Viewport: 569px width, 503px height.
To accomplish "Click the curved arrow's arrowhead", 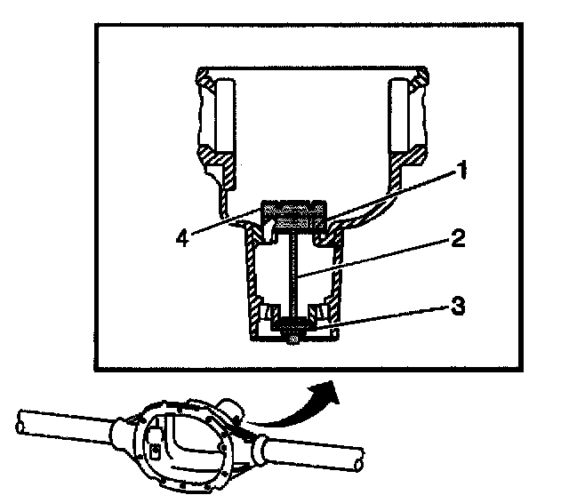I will (326, 387).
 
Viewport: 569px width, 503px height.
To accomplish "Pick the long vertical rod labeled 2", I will (291, 275).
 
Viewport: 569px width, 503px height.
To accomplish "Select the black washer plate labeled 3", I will (292, 326).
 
